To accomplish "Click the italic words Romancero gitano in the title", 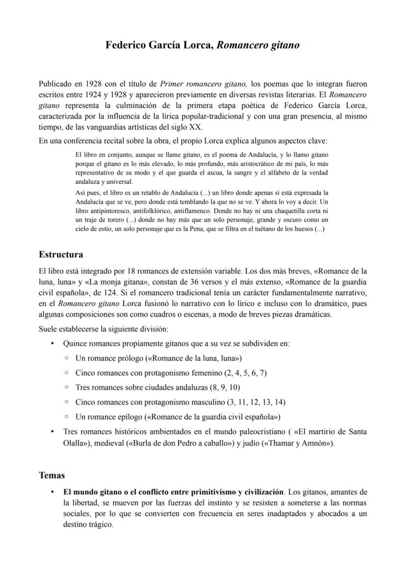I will (x=258, y=46).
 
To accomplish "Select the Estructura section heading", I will (x=61, y=254).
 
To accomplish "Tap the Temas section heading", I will (x=51, y=475).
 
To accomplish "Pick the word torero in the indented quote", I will (x=114, y=220).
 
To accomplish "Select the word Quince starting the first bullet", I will (x=75, y=344).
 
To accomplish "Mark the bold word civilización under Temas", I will (x=259, y=492).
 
